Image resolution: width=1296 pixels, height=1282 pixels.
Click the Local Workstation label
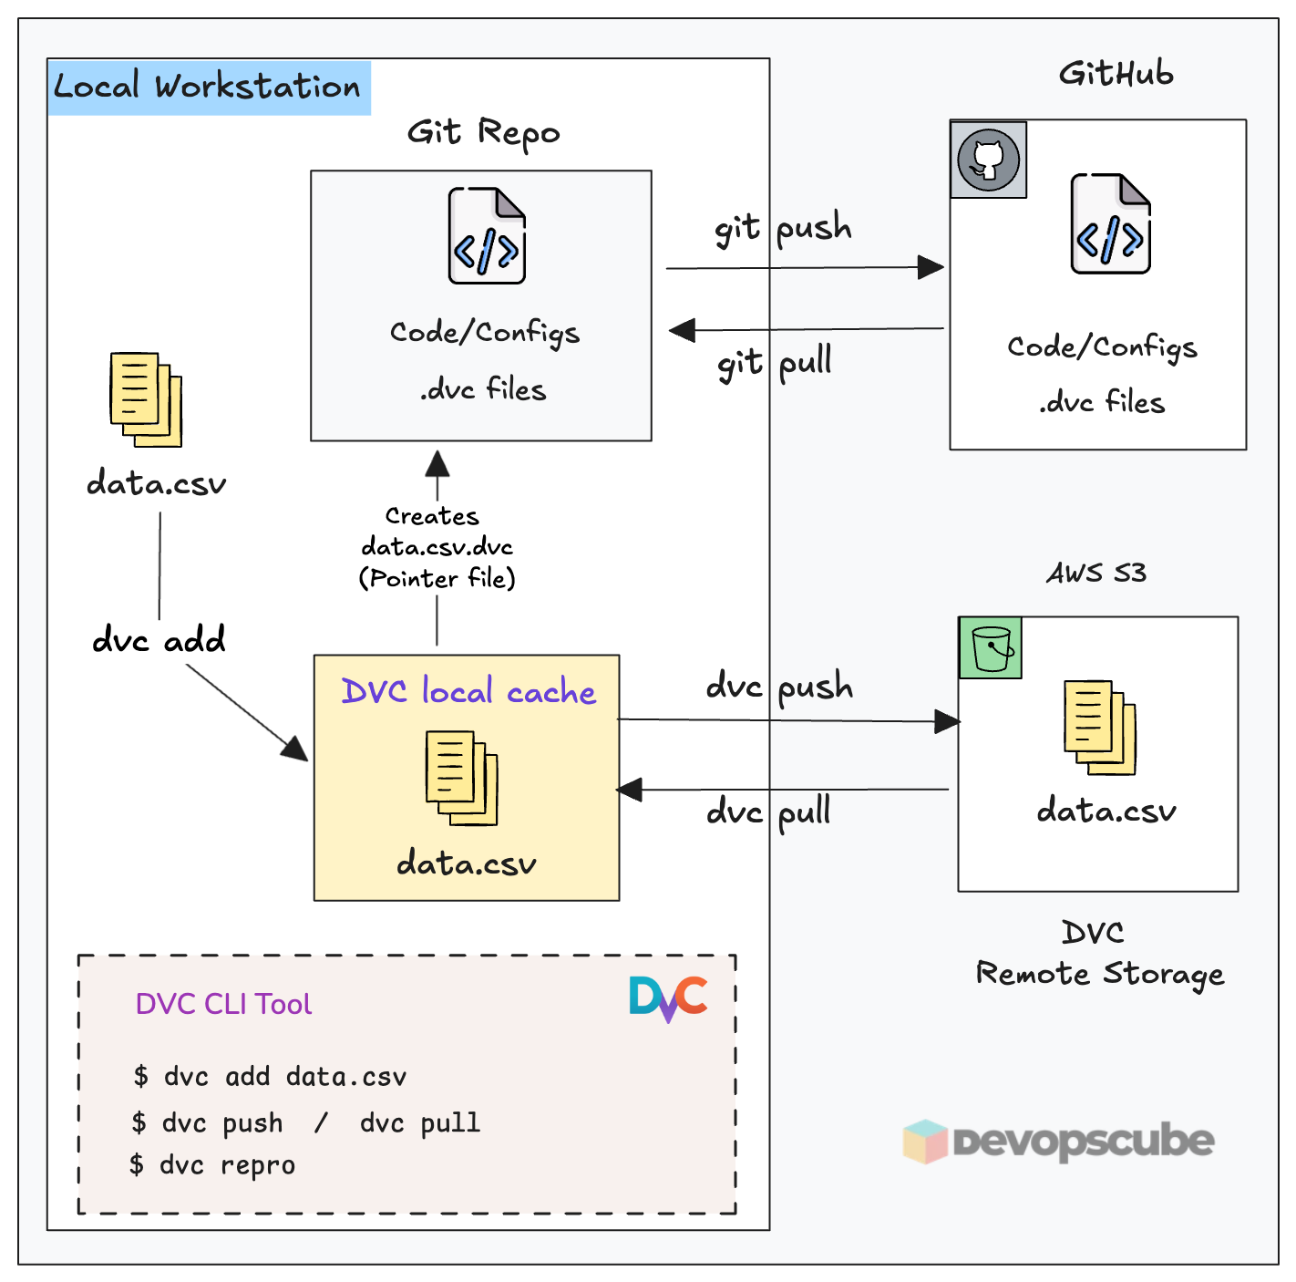pyautogui.click(x=208, y=88)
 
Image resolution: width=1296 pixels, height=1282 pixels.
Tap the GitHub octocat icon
pyautogui.click(x=988, y=160)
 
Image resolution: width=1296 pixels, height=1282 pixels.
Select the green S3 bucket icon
pyautogui.click(x=991, y=648)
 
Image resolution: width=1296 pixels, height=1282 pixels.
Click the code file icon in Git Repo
pyautogui.click(x=487, y=236)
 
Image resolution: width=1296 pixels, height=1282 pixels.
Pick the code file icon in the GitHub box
pyautogui.click(x=1110, y=224)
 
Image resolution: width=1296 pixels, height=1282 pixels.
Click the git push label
pyautogui.click(x=783, y=228)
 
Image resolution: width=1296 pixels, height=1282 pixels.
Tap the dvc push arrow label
pyautogui.click(x=779, y=687)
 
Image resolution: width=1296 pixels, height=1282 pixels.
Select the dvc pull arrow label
pyautogui.click(x=768, y=812)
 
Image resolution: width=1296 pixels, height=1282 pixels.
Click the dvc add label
pyautogui.click(x=159, y=640)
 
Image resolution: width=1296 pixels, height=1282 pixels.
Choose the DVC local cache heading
pyautogui.click(x=468, y=691)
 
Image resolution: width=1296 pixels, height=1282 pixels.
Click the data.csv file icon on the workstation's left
pyautogui.click(x=146, y=399)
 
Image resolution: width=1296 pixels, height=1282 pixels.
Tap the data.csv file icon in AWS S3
pyautogui.click(x=1100, y=728)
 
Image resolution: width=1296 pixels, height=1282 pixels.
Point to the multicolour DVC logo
pyautogui.click(x=668, y=998)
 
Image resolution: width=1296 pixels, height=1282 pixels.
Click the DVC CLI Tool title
pyautogui.click(x=223, y=1004)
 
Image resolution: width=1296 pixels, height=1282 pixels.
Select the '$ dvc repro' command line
pyautogui.click(x=213, y=1165)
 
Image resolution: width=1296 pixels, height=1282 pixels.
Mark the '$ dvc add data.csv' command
pyautogui.click(x=270, y=1077)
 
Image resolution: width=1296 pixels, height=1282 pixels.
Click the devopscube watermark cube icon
pyautogui.click(x=926, y=1142)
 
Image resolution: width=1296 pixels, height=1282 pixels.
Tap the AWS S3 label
pyautogui.click(x=1095, y=573)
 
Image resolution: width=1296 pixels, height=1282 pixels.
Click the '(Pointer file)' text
pyautogui.click(x=437, y=578)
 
